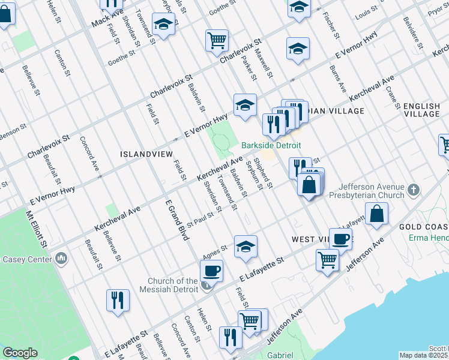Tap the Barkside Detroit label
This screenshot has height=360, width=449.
pos(271,146)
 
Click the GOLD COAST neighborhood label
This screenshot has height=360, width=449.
pos(423,226)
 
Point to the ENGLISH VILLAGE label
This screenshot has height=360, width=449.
pos(422,110)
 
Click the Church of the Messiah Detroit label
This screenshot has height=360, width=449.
pos(173,285)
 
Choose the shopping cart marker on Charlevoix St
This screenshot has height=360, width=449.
pos(217,40)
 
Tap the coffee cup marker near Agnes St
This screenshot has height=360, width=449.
pos(211,271)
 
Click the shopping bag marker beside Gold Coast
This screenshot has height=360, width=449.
pos(376,214)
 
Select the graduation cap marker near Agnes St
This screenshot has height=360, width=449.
pos(245,246)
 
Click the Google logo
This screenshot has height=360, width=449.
pos(20,353)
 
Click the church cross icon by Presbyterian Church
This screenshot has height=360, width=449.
pos(413,191)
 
